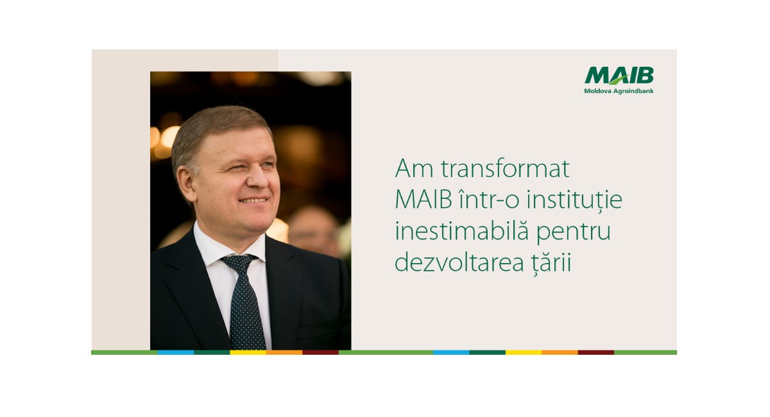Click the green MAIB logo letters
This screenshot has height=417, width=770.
(x=619, y=75)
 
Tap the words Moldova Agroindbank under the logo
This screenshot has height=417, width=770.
(x=619, y=91)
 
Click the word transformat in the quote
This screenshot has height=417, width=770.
(x=505, y=169)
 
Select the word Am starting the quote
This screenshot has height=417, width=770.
(x=415, y=169)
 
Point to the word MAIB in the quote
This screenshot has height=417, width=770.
(x=424, y=200)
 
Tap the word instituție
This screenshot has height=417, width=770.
(x=574, y=200)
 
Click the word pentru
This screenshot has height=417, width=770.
(x=574, y=232)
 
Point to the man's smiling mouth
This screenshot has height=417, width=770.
(x=253, y=200)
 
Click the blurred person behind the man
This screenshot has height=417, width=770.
(x=313, y=230)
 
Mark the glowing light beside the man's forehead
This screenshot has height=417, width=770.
(x=169, y=137)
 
